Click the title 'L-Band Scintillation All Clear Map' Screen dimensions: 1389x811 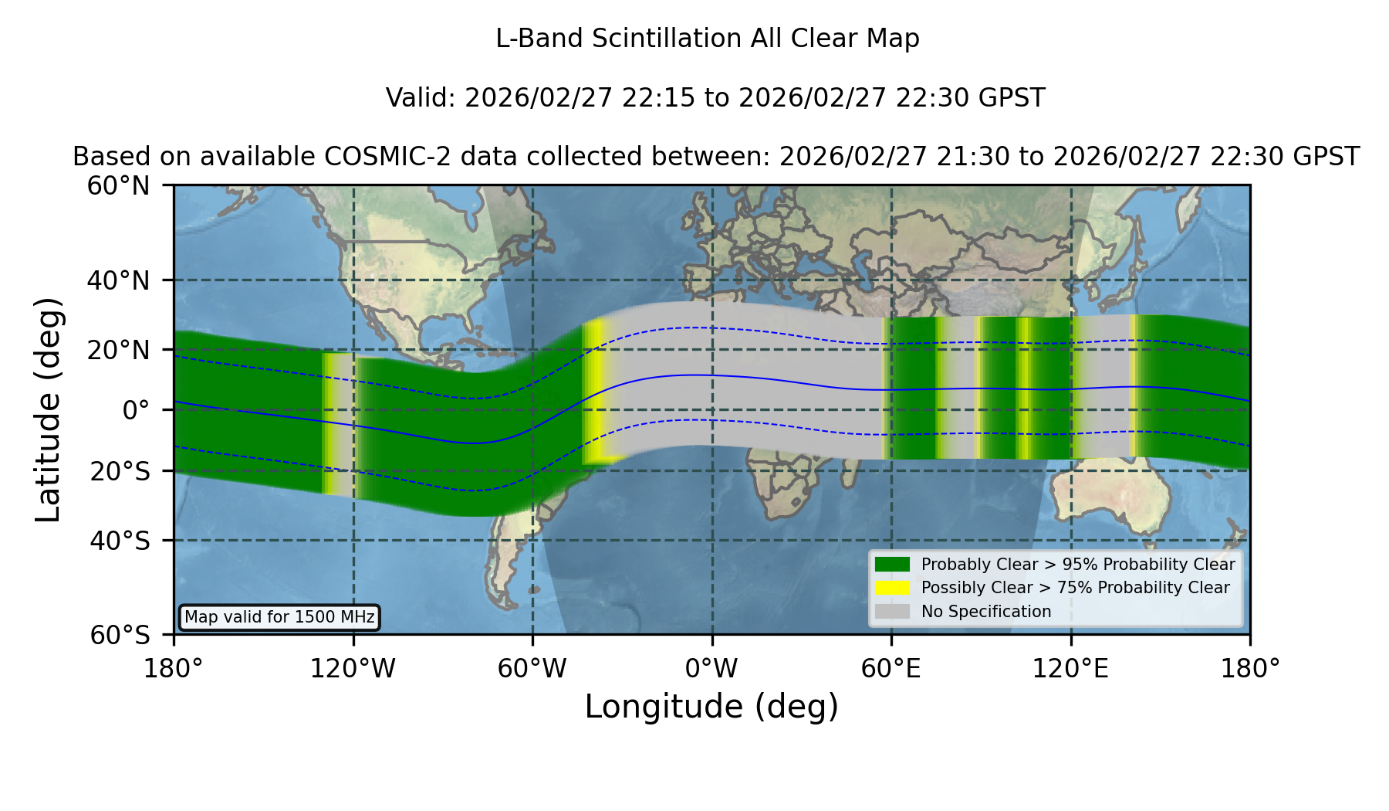coord(708,39)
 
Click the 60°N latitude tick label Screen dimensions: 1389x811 coord(118,186)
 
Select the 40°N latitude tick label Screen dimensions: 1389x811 coord(118,280)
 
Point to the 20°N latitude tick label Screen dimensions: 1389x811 coord(118,350)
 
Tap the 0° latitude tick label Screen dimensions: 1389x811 coord(136,410)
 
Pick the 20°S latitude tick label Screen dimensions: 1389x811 coord(120,471)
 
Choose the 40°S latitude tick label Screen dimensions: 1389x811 coord(120,541)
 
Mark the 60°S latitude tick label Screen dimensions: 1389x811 coord(120,636)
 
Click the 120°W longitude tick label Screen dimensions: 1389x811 coord(353,668)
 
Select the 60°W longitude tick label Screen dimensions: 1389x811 coord(532,668)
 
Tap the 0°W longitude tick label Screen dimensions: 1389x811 coord(711,668)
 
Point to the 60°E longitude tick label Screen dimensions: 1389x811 coord(891,668)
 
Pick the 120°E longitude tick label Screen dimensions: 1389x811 coord(1070,668)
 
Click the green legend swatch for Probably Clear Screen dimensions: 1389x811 coord(892,565)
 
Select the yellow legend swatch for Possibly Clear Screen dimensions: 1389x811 coord(892,588)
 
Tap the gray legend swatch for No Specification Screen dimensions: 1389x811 coord(892,612)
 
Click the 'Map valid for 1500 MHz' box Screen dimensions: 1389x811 coord(279,617)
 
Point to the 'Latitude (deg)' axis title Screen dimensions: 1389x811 coord(48,409)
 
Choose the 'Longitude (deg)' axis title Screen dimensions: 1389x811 coord(711,708)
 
